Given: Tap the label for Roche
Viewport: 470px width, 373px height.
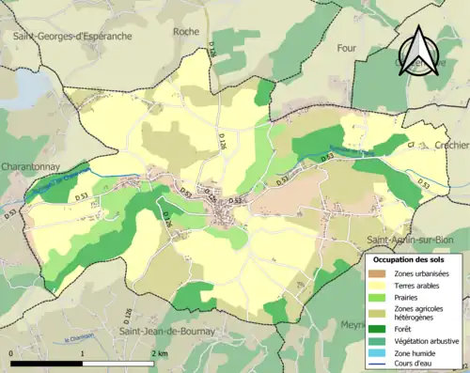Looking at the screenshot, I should [186, 31].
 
